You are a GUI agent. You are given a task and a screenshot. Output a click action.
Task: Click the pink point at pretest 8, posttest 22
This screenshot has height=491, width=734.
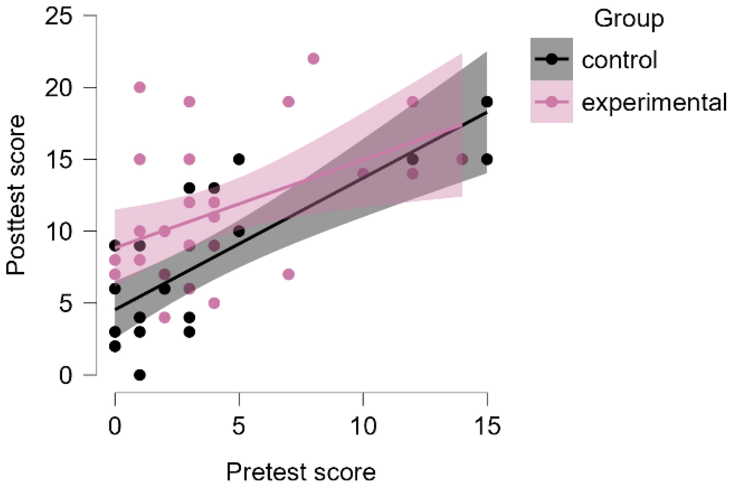(313, 59)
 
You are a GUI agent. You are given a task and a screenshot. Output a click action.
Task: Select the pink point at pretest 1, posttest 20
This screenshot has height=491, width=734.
(140, 87)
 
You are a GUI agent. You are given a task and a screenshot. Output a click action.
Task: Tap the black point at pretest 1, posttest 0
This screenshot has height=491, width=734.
(140, 375)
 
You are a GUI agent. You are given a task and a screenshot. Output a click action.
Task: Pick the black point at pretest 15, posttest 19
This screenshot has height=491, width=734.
(487, 102)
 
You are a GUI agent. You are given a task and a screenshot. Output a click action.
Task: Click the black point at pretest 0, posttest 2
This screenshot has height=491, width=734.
(115, 346)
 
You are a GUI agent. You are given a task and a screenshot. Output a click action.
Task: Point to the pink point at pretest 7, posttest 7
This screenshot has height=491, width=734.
(289, 274)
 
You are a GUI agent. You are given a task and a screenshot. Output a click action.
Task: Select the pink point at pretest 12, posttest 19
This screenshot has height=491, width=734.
(413, 102)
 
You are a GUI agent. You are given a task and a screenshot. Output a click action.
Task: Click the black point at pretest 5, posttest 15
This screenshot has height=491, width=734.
(239, 159)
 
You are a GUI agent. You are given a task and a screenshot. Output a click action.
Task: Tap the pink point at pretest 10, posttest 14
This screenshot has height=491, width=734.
(363, 173)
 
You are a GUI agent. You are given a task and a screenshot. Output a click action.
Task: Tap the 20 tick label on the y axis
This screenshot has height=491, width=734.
(59, 88)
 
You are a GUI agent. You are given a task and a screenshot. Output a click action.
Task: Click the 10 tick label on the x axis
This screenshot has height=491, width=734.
(364, 426)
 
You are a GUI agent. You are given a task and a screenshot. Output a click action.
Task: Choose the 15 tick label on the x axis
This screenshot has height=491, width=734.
(487, 426)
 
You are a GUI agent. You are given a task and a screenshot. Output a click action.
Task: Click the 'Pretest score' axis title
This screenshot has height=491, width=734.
(301, 472)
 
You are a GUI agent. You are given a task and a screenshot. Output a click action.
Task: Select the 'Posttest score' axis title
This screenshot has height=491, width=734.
(16, 195)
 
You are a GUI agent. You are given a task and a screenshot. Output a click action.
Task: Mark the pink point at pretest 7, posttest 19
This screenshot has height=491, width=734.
(289, 102)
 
